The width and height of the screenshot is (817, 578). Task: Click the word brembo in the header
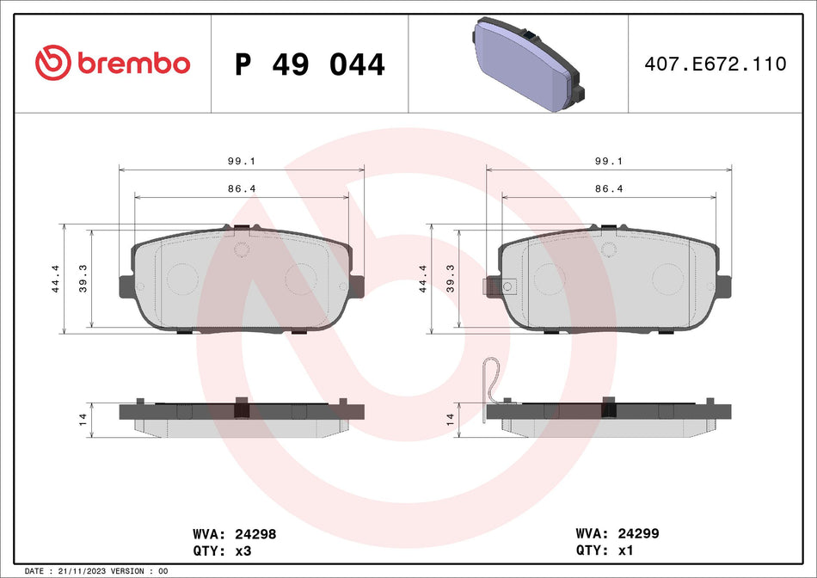point(133,64)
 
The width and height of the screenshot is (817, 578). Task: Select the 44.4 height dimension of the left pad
point(57,280)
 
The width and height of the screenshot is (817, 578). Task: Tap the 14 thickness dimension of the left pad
point(83,419)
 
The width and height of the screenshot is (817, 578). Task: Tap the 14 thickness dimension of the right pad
point(450,419)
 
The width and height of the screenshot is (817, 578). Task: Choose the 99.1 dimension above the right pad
point(609,161)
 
